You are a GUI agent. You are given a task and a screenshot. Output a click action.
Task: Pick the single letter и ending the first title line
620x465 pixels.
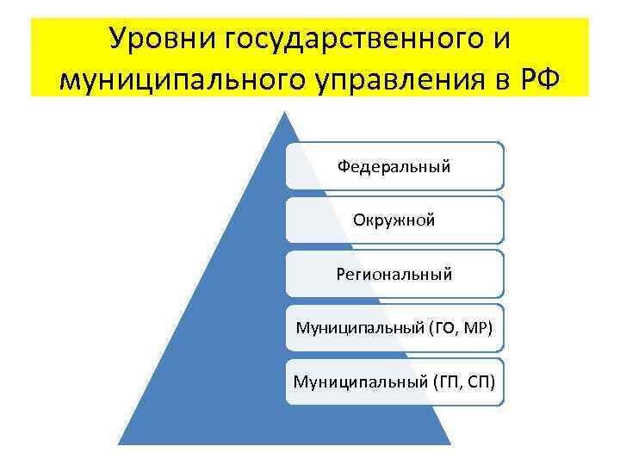tap(503, 40)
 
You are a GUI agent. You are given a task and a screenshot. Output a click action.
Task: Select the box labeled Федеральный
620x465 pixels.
tap(394, 166)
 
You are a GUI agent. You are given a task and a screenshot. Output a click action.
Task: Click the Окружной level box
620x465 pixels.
tap(394, 220)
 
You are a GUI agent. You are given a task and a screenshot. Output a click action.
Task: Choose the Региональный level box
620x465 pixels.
tap(394, 274)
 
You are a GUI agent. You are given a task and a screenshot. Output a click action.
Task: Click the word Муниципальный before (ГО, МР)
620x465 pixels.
tap(353, 327)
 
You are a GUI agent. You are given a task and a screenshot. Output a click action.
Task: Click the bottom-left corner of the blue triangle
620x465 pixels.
tap(120, 443)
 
